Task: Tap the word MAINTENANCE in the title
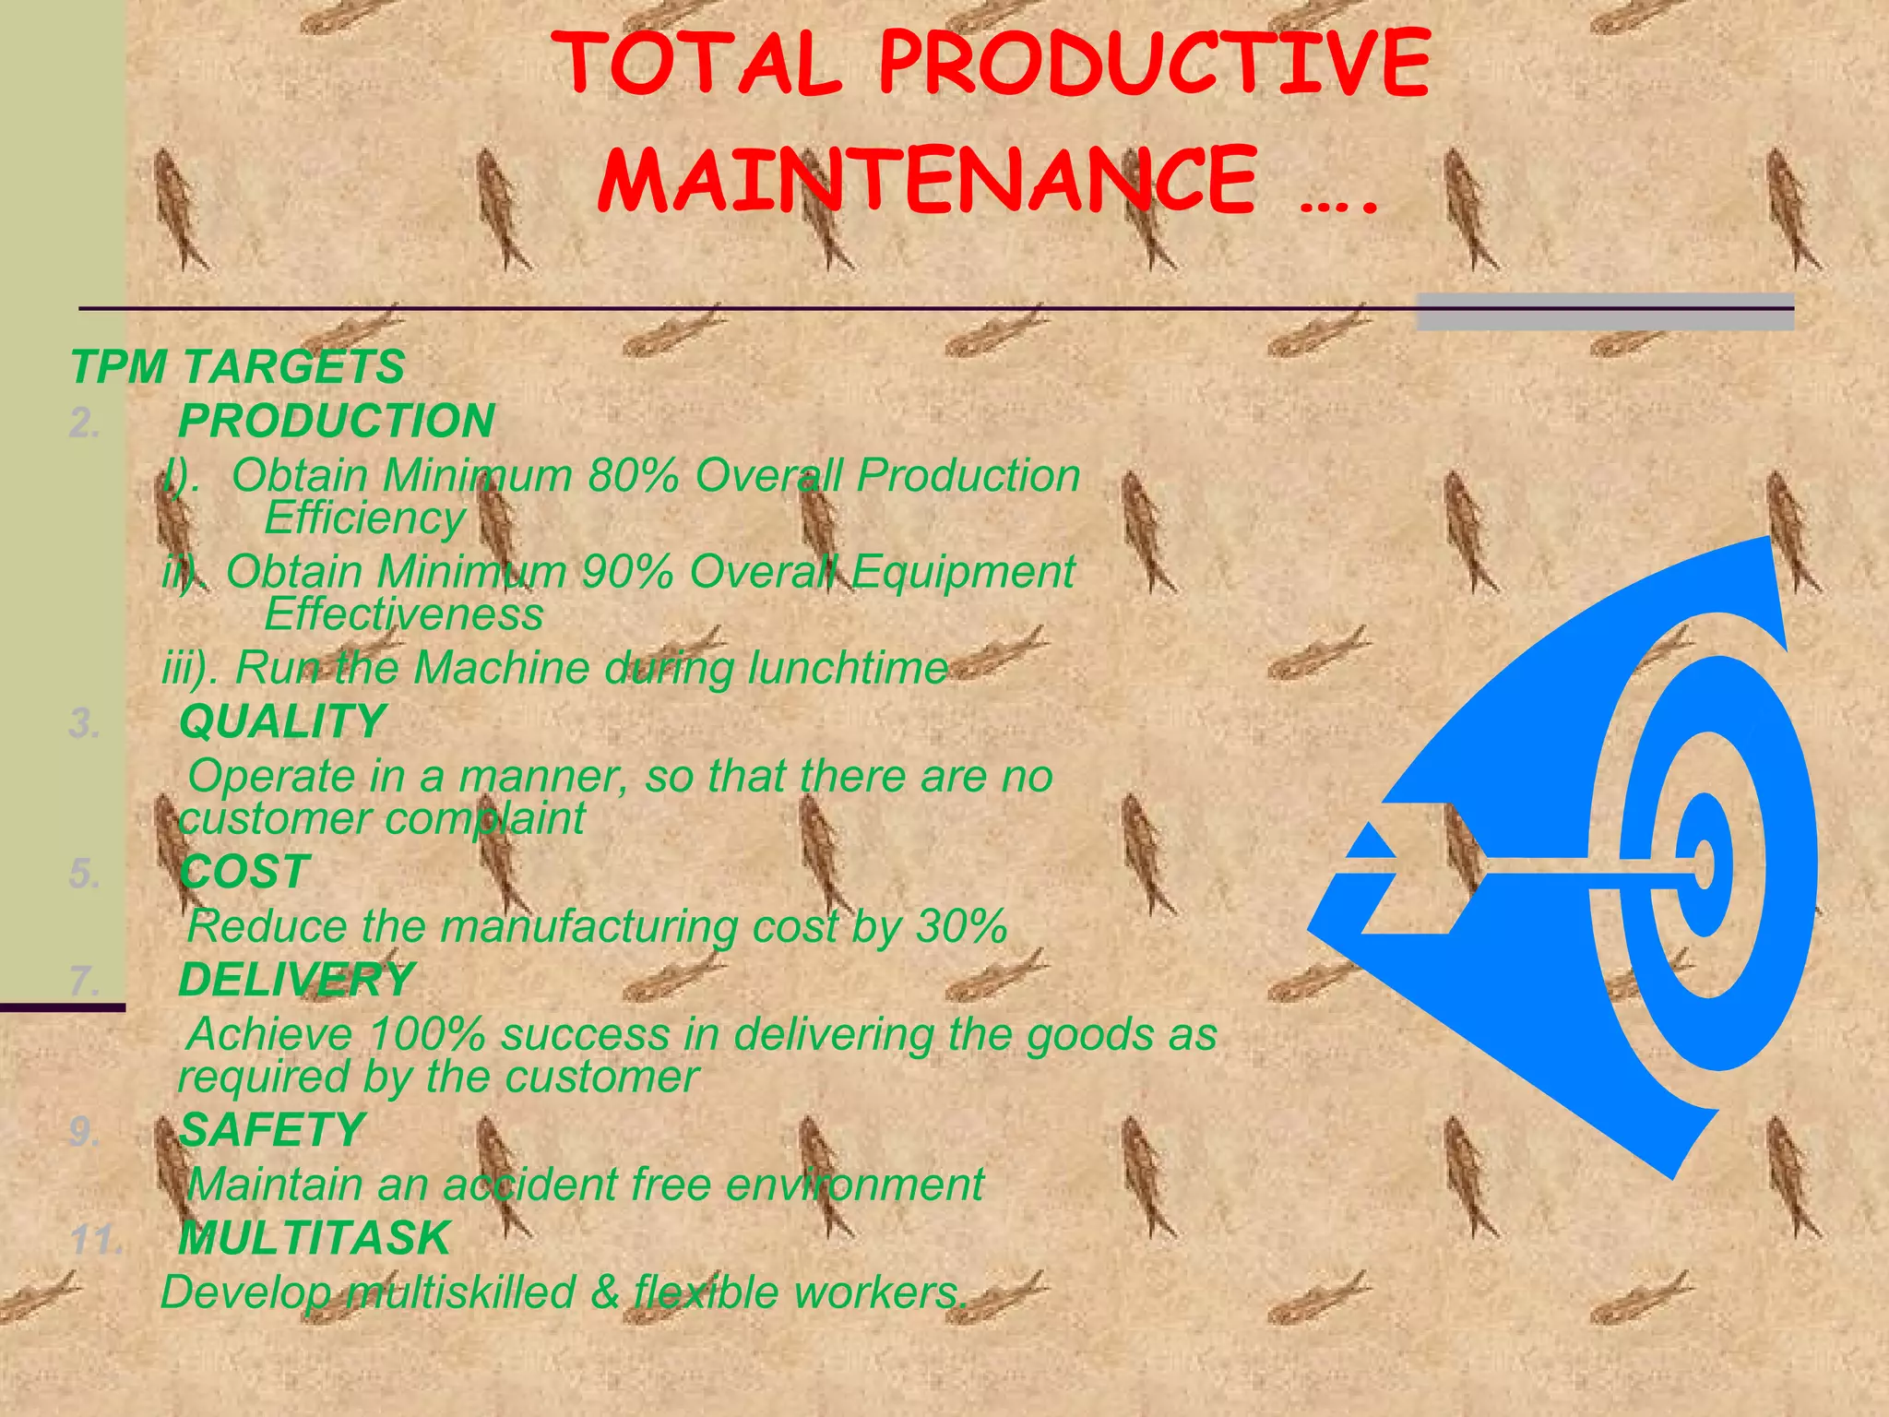click(x=928, y=179)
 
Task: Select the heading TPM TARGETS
click(x=237, y=367)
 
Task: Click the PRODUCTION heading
click(x=337, y=422)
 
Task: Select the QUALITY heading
click(x=281, y=721)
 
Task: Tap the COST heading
click(x=244, y=873)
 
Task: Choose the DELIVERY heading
click(x=296, y=980)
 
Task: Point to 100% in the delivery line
click(x=426, y=1035)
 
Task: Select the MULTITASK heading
click(x=315, y=1239)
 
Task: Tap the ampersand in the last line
click(x=604, y=1292)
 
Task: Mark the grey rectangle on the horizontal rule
click(x=1604, y=312)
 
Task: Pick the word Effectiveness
click(x=404, y=615)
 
